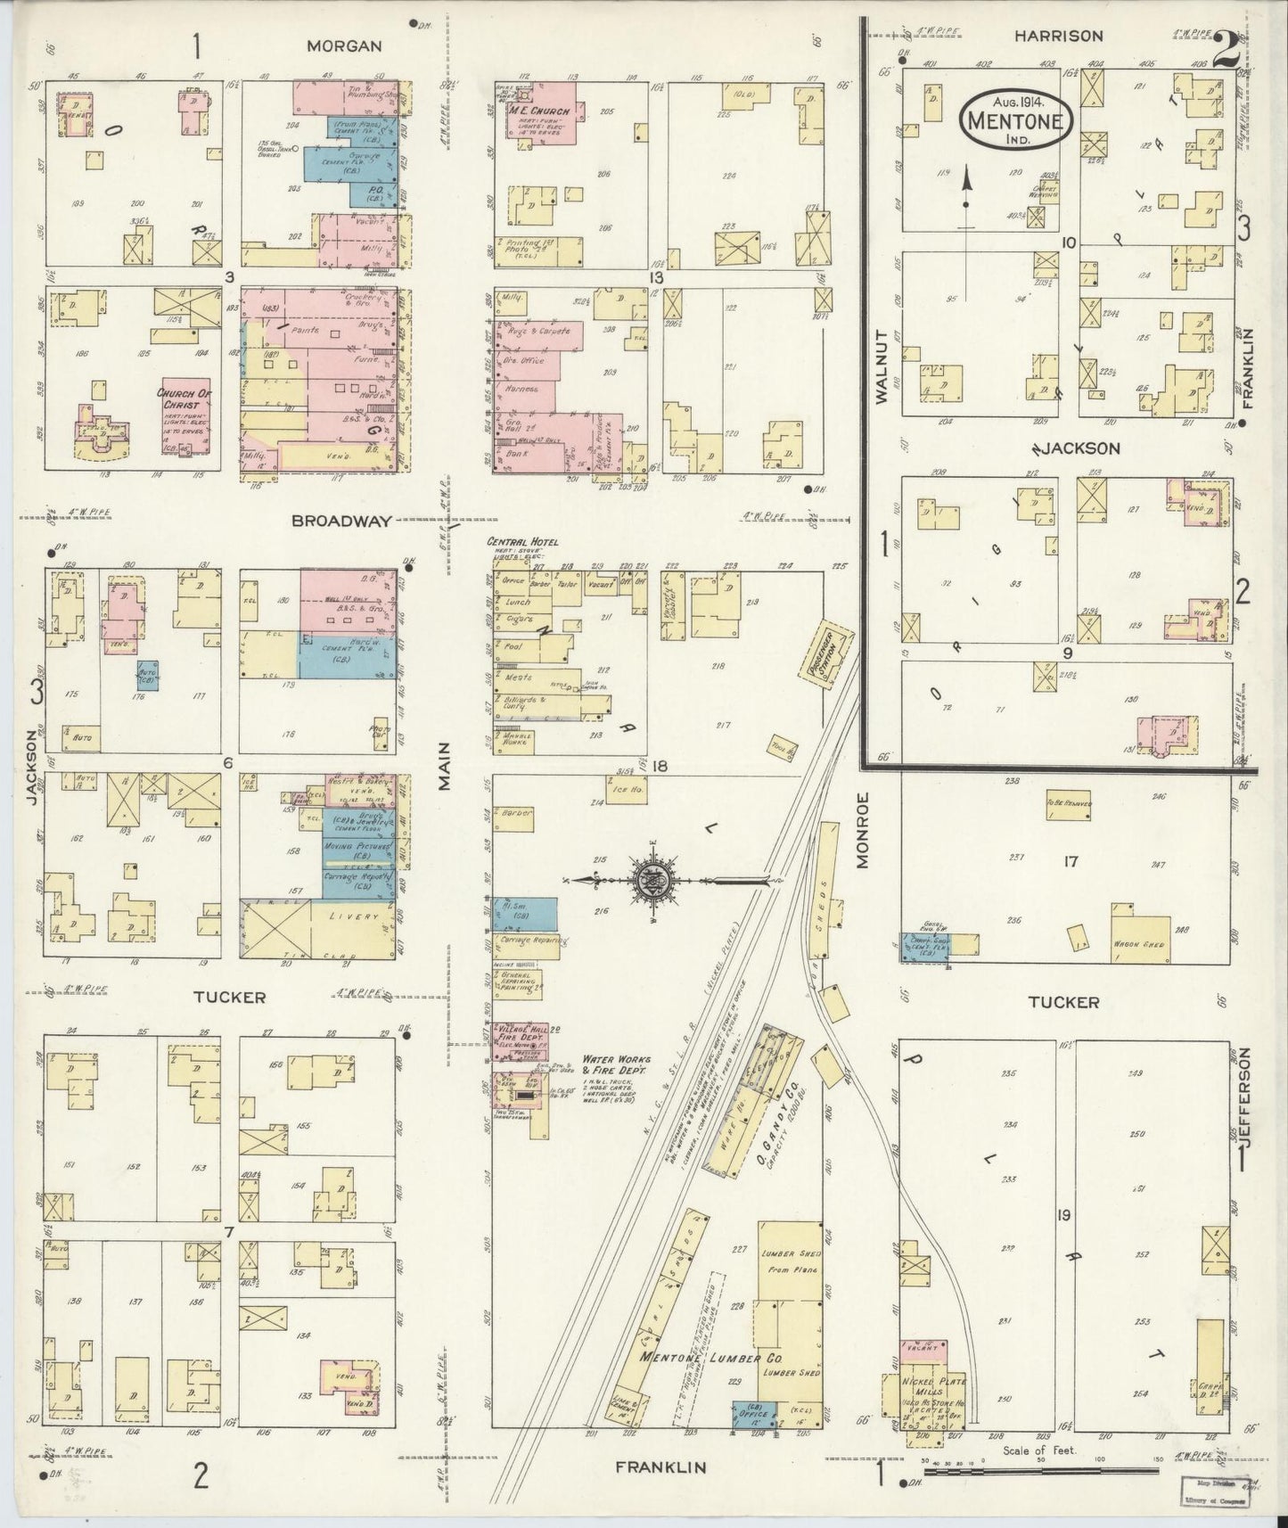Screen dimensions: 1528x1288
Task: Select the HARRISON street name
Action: [x=1058, y=36]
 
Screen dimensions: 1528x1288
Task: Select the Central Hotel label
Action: [x=522, y=542]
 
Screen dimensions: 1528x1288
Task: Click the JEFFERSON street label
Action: [x=1246, y=1100]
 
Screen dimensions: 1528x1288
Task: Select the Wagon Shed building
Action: [x=1133, y=945]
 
